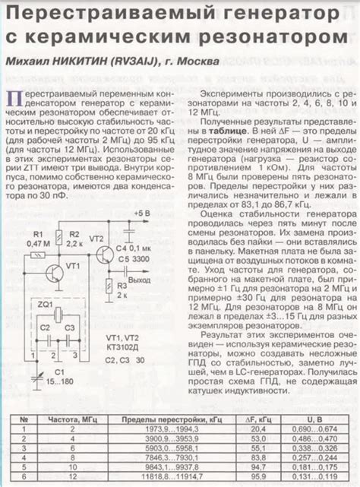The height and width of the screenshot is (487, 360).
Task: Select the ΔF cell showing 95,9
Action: [x=258, y=476]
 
